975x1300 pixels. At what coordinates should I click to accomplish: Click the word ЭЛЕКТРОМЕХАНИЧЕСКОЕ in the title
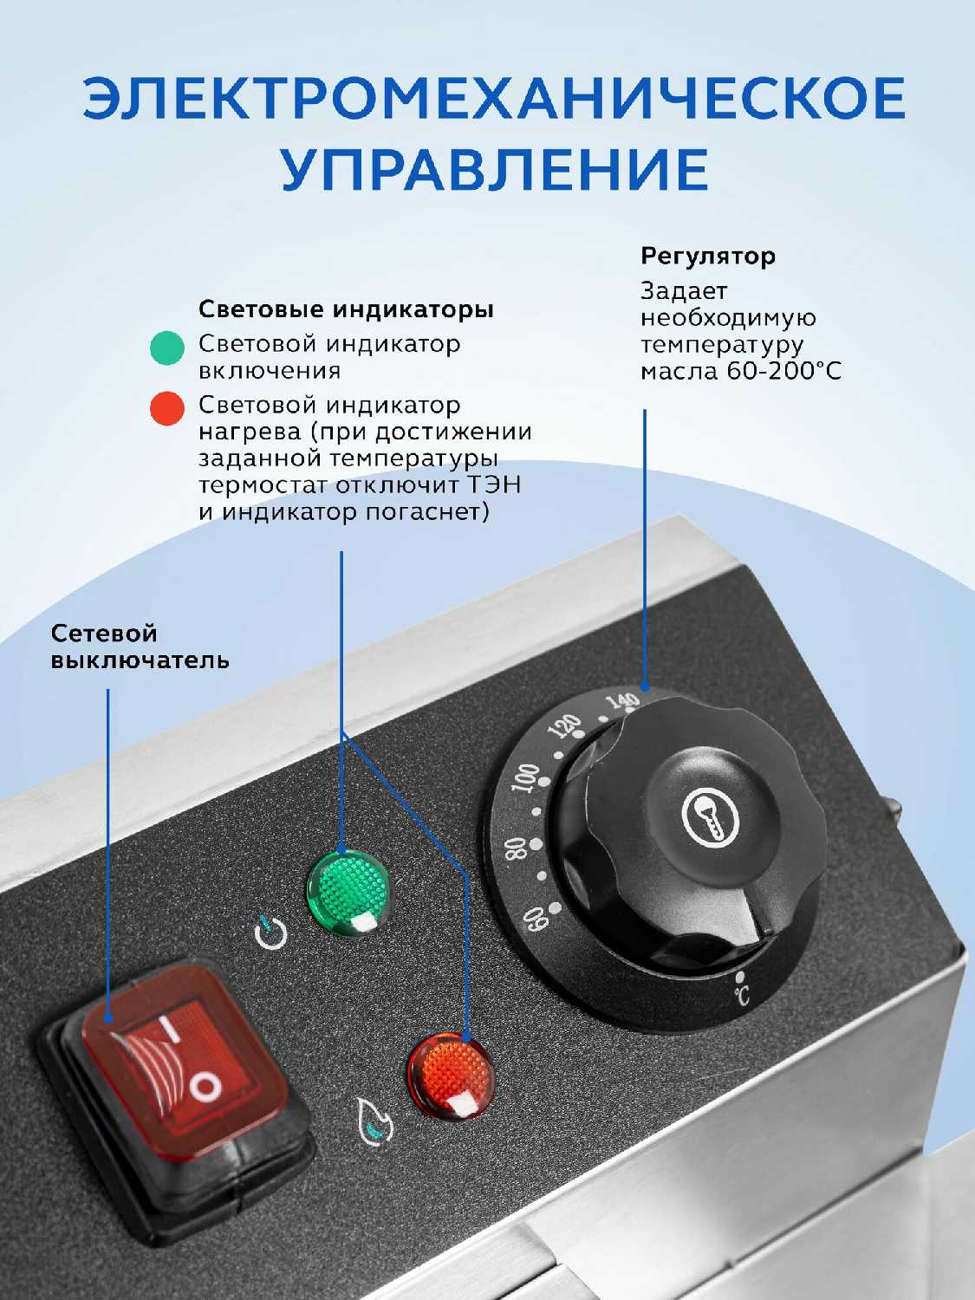[494, 98]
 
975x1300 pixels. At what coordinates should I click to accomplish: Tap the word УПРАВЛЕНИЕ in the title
[494, 169]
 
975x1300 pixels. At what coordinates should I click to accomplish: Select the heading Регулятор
[708, 257]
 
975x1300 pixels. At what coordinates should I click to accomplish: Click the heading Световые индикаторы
[347, 309]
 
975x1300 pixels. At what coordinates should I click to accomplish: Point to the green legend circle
[167, 348]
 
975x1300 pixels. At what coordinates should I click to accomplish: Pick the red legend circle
[167, 409]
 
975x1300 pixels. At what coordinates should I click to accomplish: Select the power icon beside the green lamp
[271, 933]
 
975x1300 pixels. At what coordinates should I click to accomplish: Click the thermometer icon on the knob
[711, 816]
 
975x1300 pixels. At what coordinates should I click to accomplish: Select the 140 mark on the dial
[623, 702]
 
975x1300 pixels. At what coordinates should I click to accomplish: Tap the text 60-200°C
[784, 372]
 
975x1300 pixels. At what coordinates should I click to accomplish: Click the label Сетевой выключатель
[140, 647]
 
